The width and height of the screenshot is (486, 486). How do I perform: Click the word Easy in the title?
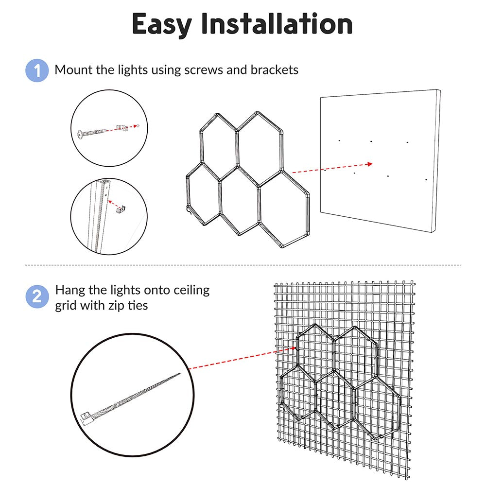pyautogui.click(x=161, y=25)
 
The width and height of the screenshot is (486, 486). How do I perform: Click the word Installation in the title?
pyautogui.click(x=277, y=23)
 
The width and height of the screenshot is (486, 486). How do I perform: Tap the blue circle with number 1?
pyautogui.click(x=37, y=70)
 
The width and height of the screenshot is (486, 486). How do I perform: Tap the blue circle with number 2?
pyautogui.click(x=37, y=296)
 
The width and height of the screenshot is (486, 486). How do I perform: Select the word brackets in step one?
pyautogui.click(x=274, y=69)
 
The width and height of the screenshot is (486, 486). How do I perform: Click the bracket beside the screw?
pyautogui.click(x=122, y=128)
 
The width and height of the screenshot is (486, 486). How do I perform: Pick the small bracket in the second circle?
pyautogui.click(x=121, y=209)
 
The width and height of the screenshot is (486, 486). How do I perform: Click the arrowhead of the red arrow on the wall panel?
pyautogui.click(x=369, y=164)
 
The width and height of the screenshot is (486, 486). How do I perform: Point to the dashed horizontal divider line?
pyautogui.click(x=243, y=265)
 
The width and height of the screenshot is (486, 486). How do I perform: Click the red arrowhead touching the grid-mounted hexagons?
pyautogui.click(x=293, y=348)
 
